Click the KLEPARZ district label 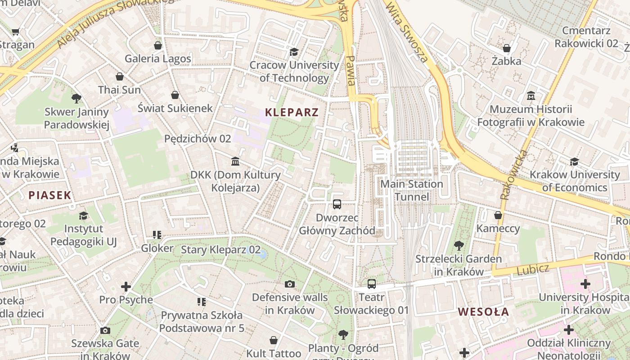point(292,112)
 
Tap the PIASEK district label point(50,195)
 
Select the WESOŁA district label point(483,312)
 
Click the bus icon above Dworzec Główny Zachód point(337,204)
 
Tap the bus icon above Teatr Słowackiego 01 point(371,284)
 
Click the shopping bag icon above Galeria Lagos point(157,45)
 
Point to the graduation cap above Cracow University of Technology point(294,52)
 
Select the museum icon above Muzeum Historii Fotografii point(531,96)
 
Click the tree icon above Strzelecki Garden point(459,246)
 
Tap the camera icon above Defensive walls point(290,284)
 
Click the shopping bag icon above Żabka point(507,48)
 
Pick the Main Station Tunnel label point(412,190)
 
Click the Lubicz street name point(533,270)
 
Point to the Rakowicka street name point(513,175)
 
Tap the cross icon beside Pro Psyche point(126,287)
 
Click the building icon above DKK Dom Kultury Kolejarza point(235,162)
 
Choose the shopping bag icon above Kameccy point(498,215)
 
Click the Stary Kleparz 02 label point(220,250)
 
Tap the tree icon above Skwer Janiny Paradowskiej point(76,98)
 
